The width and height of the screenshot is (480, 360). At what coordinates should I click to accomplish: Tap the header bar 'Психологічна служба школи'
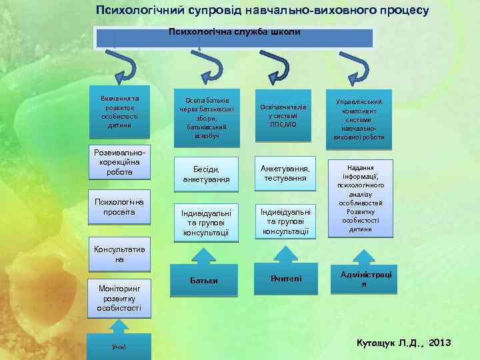click(x=234, y=37)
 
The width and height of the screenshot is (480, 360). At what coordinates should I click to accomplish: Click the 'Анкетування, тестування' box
click(x=285, y=173)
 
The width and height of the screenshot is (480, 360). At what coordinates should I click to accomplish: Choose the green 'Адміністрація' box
click(x=364, y=279)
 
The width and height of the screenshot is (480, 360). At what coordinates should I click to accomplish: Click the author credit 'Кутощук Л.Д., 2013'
click(x=404, y=343)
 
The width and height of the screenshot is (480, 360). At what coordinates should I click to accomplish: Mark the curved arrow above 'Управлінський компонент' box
click(x=353, y=66)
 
